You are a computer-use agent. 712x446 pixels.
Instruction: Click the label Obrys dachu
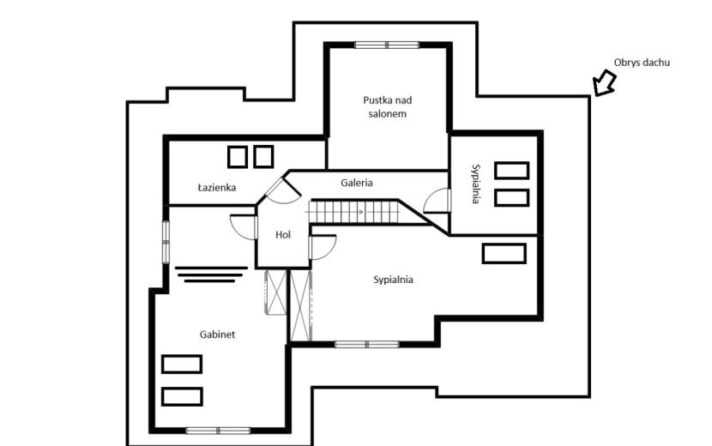(642, 63)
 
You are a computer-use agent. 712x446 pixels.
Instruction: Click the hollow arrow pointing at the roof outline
(605, 82)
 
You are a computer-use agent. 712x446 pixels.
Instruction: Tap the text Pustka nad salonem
(388, 106)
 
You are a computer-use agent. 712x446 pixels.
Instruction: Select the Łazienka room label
(216, 187)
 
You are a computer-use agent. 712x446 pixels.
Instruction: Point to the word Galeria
(357, 183)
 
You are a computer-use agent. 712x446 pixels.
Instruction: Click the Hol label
(283, 235)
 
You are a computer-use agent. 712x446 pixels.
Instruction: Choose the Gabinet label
(218, 334)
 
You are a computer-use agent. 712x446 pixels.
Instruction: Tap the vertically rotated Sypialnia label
(475, 184)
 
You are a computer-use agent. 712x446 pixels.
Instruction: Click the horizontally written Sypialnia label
(393, 280)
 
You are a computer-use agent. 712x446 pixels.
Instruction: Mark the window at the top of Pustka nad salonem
(386, 45)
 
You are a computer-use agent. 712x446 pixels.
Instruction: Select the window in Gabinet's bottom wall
(218, 430)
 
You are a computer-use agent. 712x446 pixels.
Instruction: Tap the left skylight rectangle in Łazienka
(237, 157)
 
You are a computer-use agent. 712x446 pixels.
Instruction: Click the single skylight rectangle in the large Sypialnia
(504, 253)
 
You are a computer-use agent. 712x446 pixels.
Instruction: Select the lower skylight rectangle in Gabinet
(182, 396)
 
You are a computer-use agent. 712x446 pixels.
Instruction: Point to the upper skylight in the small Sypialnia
(512, 171)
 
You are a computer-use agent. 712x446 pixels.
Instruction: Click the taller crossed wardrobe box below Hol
(300, 304)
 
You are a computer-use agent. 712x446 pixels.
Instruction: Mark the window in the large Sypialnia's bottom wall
(367, 345)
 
